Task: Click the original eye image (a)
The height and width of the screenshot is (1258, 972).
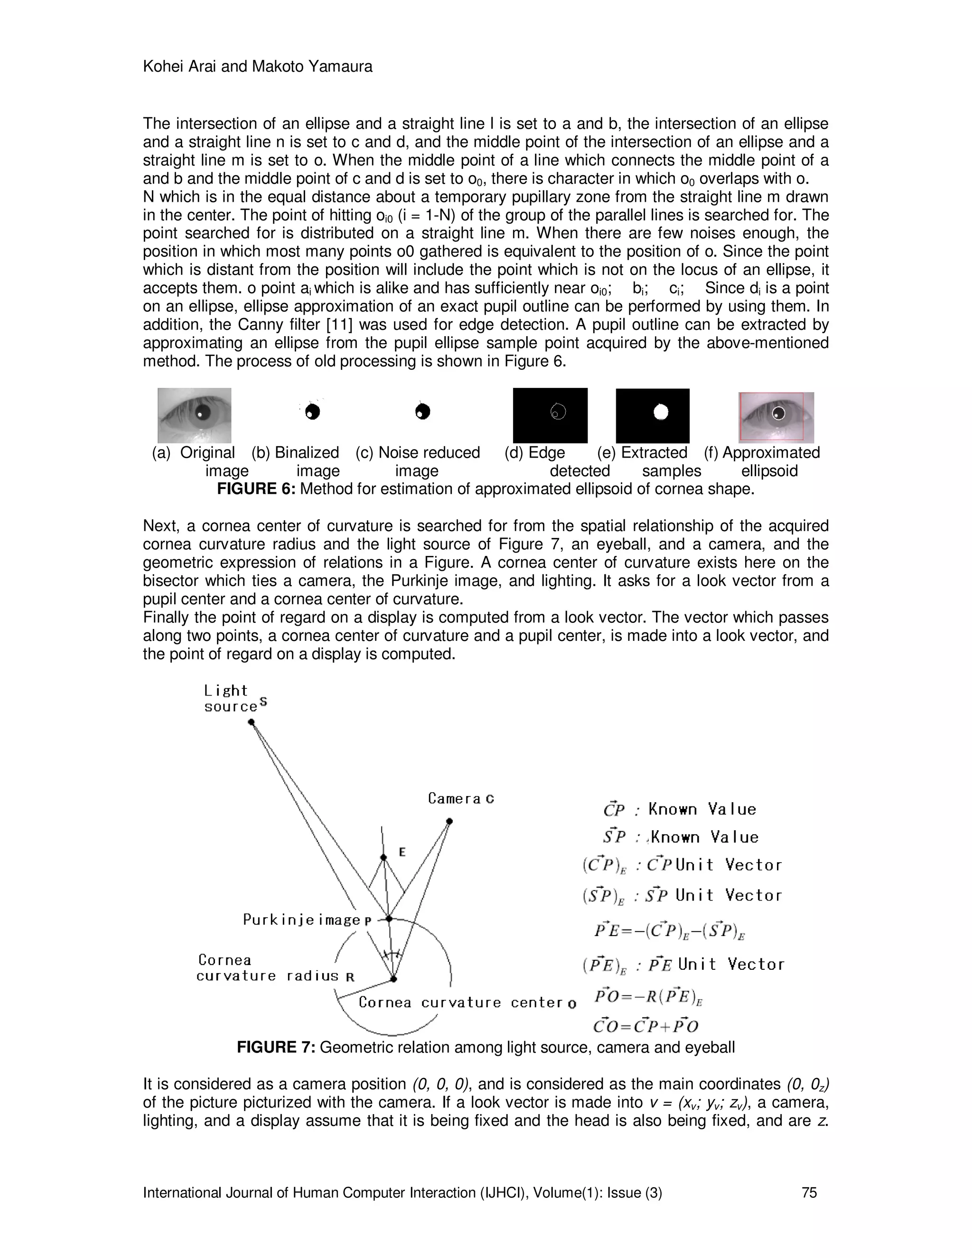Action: [x=194, y=415]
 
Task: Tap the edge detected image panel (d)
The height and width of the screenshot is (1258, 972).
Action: [x=550, y=415]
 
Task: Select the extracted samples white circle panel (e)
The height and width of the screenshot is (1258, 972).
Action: [x=653, y=415]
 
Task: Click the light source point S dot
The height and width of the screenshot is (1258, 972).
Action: [x=251, y=723]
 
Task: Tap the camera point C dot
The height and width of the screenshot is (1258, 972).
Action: [x=449, y=821]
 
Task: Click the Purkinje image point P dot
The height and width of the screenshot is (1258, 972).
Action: [x=389, y=919]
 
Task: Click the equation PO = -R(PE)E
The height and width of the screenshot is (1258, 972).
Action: [x=649, y=996]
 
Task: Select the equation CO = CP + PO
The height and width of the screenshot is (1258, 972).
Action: [x=645, y=1026]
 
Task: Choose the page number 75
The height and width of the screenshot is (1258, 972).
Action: [x=809, y=1192]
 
